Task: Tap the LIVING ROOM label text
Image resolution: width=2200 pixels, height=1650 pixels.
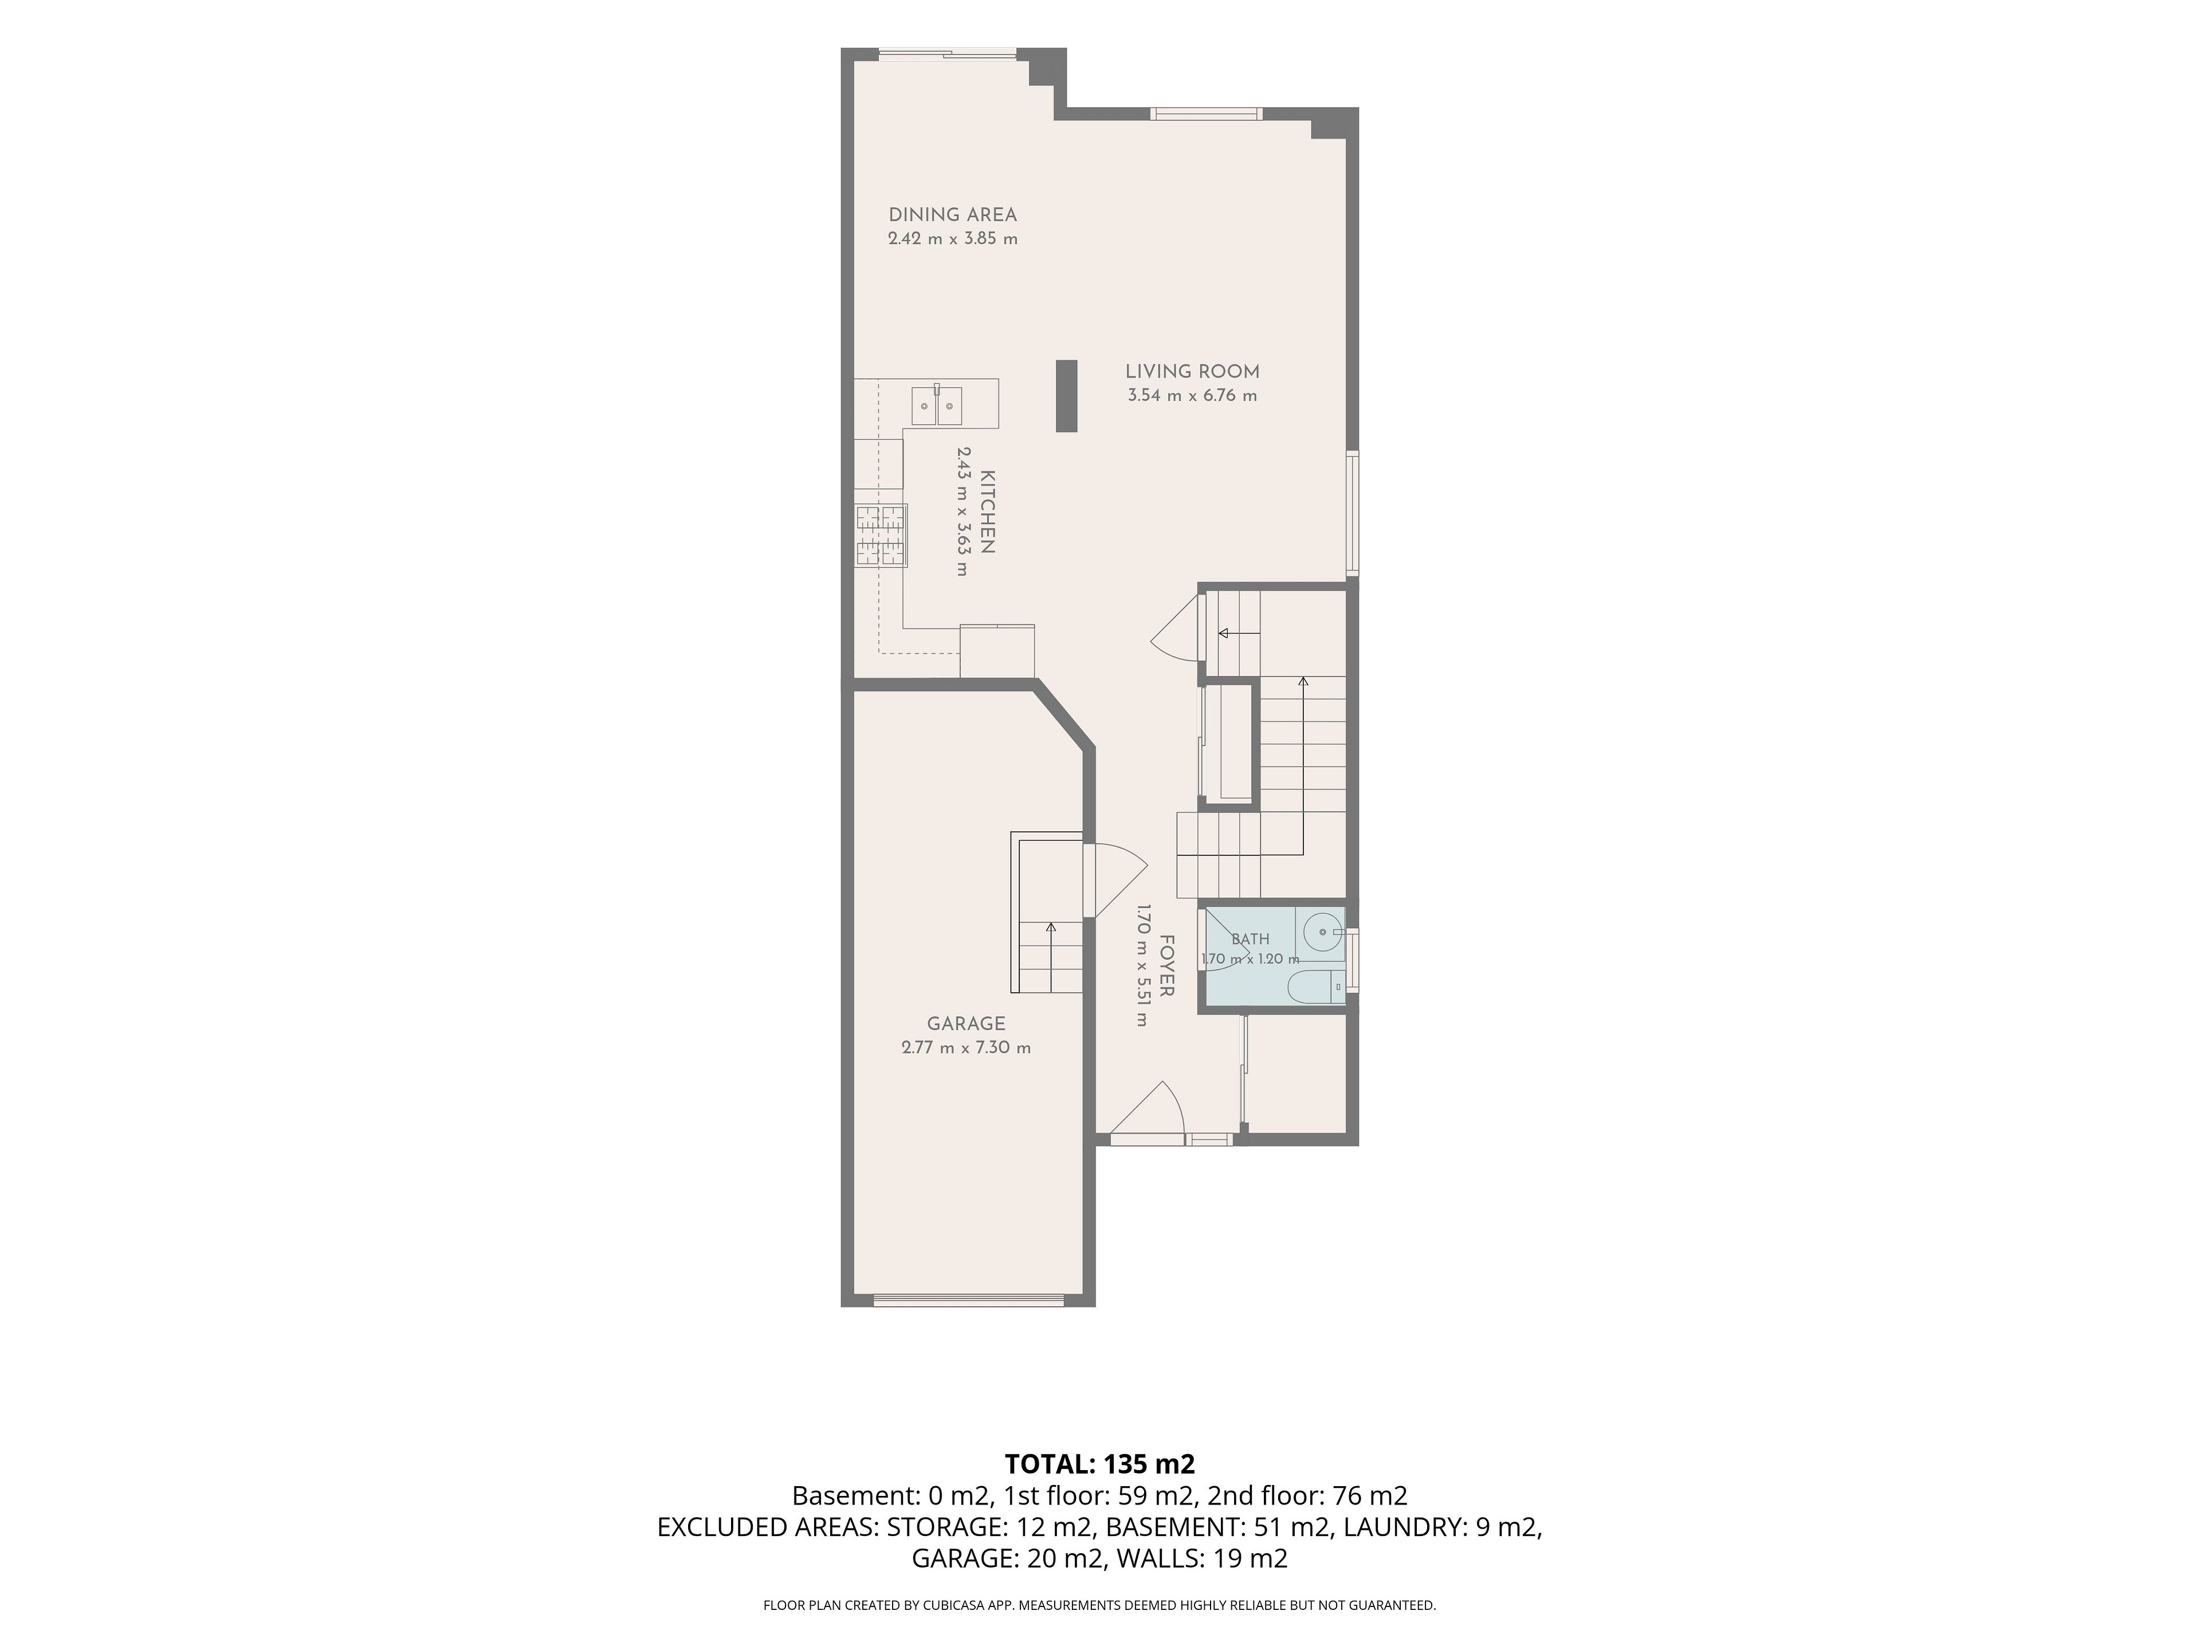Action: (x=1192, y=372)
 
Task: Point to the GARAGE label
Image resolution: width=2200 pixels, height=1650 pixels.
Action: (x=966, y=1023)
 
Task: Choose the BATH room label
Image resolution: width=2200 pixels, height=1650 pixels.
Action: (x=1250, y=939)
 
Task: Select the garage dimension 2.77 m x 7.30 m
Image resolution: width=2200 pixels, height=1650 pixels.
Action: (x=966, y=1047)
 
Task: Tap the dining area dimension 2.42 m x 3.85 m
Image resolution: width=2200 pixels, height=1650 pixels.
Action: (x=953, y=239)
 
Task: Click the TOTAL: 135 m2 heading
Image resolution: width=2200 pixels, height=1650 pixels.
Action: (x=1100, y=1464)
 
